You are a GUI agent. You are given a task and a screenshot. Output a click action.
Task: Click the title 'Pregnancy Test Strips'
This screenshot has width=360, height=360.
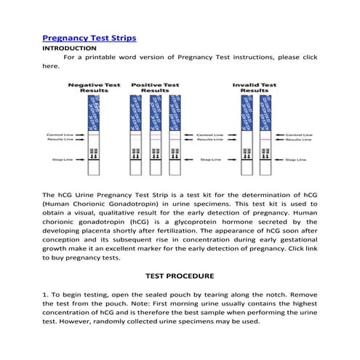tap(89, 37)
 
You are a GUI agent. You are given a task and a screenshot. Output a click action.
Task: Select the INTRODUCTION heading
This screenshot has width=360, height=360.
tap(69, 47)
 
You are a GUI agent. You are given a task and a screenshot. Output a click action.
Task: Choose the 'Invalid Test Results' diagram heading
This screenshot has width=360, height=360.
tap(255, 88)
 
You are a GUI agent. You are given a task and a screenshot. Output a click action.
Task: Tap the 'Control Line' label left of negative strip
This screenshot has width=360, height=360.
tap(57, 135)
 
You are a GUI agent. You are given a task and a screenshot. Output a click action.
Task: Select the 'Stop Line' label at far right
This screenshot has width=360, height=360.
tap(298, 159)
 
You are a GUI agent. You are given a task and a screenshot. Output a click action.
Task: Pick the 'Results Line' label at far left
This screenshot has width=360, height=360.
tap(57, 140)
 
